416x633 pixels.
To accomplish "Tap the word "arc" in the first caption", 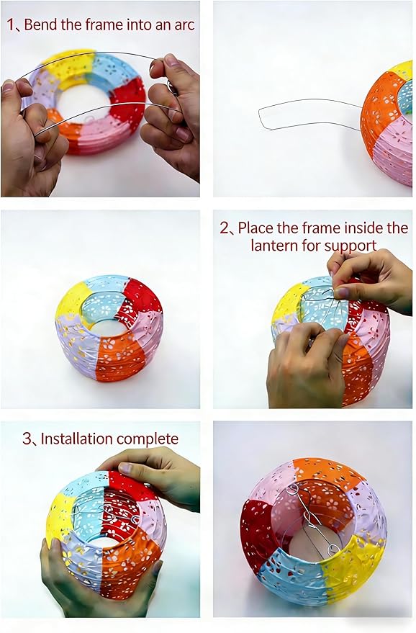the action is pos(184,25).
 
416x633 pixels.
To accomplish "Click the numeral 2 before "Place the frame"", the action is pos(225,228).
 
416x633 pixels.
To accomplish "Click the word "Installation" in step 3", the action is pos(77,439).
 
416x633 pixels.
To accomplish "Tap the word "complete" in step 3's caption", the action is pos(148,439).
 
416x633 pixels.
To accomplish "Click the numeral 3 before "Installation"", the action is pos(27,439).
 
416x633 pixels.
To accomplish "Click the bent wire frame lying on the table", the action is pos(310,115).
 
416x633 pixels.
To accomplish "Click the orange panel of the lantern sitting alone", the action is pos(118,352).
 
